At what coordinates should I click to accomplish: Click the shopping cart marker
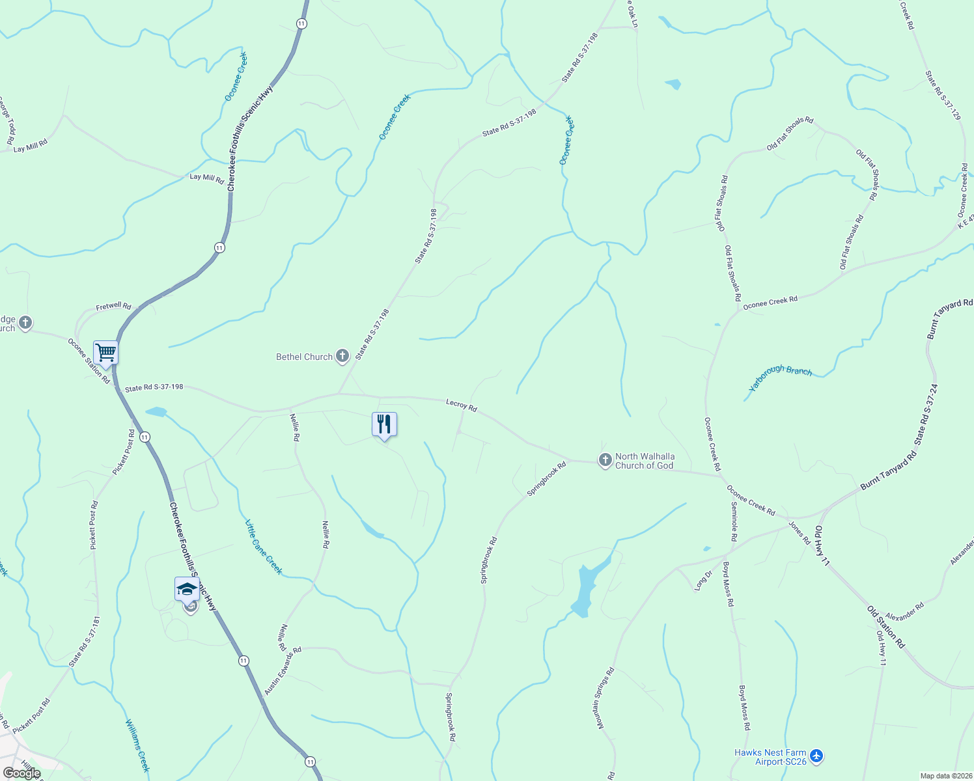(105, 353)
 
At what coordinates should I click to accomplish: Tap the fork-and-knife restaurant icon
(384, 424)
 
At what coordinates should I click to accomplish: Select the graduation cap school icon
(187, 589)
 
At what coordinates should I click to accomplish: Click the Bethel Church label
(305, 357)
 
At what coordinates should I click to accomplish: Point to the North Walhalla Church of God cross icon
(605, 461)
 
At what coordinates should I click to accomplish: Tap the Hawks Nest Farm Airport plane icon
(816, 756)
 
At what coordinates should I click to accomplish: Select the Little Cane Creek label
(264, 547)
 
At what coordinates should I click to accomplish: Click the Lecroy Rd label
(462, 405)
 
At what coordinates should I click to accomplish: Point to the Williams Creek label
(137, 745)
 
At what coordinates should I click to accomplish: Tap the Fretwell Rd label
(113, 306)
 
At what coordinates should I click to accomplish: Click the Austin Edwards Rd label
(283, 670)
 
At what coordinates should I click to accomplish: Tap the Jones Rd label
(800, 532)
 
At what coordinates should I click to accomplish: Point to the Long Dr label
(703, 581)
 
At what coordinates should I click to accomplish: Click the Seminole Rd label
(734, 522)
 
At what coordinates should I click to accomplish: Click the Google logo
(21, 773)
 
